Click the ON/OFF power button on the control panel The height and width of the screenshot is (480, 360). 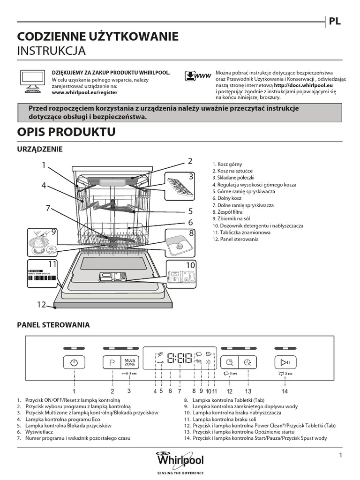coord(74,362)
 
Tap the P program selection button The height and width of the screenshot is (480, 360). coord(112,362)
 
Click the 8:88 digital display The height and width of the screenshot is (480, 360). coord(179,360)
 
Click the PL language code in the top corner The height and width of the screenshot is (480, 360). coord(334,21)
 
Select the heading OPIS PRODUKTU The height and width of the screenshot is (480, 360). coord(66,132)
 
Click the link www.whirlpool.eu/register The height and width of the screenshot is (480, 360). coord(84,93)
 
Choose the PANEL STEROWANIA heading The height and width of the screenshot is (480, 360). coord(53,324)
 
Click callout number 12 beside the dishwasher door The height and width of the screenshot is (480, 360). coord(42,305)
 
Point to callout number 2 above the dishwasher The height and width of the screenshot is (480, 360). coord(190,161)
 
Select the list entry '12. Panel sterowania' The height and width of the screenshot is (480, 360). coord(235,239)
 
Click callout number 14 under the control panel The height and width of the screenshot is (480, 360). coord(285,390)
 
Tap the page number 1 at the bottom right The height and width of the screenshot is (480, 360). coord(341,455)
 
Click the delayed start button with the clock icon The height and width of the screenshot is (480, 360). coord(247,362)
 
